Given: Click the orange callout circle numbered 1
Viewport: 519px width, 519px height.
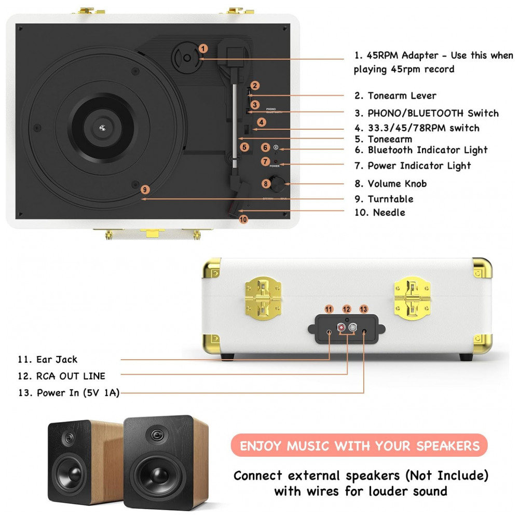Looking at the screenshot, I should [x=203, y=48].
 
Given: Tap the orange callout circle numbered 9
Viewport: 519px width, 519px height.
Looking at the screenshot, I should [x=145, y=189].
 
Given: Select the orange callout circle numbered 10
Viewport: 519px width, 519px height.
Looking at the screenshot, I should [x=243, y=220].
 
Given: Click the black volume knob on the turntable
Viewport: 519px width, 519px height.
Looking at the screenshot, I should [x=280, y=183].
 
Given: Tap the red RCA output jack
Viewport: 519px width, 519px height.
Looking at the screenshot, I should [x=342, y=328].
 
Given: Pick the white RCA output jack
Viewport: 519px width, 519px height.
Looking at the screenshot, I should [x=353, y=328].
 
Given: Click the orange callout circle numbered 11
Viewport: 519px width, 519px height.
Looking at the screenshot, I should [x=329, y=309].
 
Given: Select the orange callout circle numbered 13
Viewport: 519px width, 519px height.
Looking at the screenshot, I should [x=364, y=309].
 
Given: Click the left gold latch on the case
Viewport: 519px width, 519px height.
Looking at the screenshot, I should [x=263, y=296].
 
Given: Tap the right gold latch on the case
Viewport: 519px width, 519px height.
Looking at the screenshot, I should [x=412, y=296].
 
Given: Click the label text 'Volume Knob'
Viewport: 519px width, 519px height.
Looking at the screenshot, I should [x=397, y=184].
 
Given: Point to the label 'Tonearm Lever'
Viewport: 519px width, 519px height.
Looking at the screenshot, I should [x=402, y=95].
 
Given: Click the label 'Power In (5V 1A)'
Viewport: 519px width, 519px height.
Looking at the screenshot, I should [x=78, y=393].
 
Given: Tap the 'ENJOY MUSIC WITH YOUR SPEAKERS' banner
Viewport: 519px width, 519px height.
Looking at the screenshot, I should [x=359, y=446].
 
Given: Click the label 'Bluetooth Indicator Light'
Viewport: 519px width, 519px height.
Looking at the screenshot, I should [x=428, y=150].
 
